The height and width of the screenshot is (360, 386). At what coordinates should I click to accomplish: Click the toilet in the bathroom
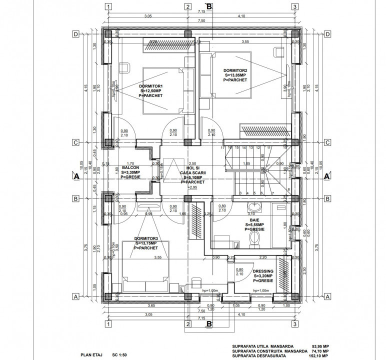pyautogui.click(x=254, y=241)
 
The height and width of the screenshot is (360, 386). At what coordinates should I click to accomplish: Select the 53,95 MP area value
pyautogui.click(x=320, y=345)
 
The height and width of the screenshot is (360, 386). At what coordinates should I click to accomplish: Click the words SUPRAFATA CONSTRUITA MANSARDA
pyautogui.click(x=270, y=350)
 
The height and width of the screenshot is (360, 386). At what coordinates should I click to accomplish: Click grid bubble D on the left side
pyautogui.click(x=76, y=34)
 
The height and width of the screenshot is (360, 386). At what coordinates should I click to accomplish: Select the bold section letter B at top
pyautogui.click(x=209, y=6)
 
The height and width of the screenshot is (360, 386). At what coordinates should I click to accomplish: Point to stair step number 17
pyautogui.click(x=222, y=148)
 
